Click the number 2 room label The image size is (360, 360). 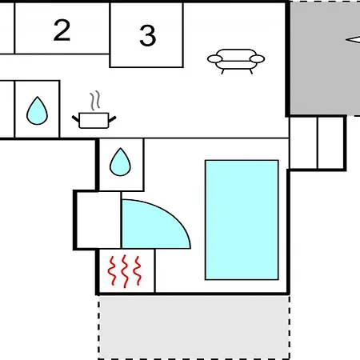[62, 30]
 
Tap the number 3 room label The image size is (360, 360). [147, 35]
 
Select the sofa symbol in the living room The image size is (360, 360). [236, 61]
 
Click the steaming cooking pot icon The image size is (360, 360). [94, 110]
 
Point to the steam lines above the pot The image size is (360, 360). [95, 101]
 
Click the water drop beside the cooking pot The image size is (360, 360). [37, 110]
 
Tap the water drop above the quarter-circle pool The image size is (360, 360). [120, 162]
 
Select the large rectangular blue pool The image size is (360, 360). [242, 220]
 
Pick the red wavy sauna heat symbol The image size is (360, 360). [125, 271]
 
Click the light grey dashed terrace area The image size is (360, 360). [194, 327]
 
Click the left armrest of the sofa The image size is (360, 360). [215, 59]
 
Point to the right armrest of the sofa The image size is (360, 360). [257, 59]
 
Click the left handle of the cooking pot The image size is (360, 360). [76, 119]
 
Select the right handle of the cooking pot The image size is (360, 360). [112, 119]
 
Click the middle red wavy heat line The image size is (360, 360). [125, 271]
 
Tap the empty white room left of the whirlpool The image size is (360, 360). [98, 220]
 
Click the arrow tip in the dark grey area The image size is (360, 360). [346, 40]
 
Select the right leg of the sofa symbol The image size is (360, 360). [250, 71]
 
